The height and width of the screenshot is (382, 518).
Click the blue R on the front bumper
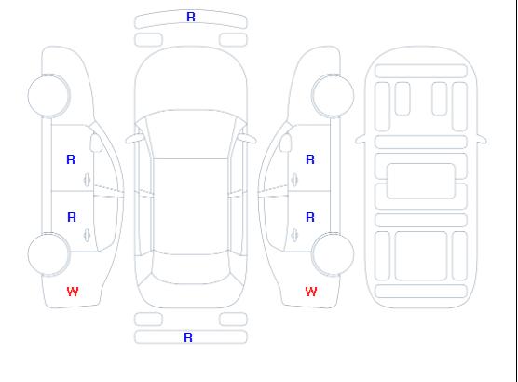tap(191, 17)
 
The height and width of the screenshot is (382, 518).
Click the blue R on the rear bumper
tap(188, 337)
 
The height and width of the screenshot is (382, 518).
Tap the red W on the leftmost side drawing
tap(73, 292)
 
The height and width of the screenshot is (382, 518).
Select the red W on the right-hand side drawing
tap(311, 292)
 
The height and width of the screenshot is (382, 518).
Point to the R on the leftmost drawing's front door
tap(71, 159)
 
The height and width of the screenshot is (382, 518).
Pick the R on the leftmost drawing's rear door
tap(72, 217)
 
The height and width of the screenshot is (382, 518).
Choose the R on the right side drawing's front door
tap(310, 159)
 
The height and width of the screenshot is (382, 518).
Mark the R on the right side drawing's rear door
tap(310, 217)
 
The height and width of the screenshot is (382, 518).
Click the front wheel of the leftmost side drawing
tap(48, 96)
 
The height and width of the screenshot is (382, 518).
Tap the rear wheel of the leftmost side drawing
tap(48, 254)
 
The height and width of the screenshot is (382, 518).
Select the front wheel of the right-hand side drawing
tap(333, 96)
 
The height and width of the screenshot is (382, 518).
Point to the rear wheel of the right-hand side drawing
tap(333, 254)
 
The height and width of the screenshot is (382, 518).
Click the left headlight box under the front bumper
tap(148, 40)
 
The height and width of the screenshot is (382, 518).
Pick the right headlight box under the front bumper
tap(233, 40)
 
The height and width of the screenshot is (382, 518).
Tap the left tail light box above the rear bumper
tap(148, 320)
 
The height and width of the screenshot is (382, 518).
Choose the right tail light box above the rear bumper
tap(233, 320)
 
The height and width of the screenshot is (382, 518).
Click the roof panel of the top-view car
tap(191, 207)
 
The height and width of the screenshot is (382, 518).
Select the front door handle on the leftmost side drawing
tap(88, 180)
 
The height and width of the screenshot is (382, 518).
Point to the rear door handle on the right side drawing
tap(294, 235)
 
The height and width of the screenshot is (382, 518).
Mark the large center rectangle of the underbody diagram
tap(421, 181)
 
